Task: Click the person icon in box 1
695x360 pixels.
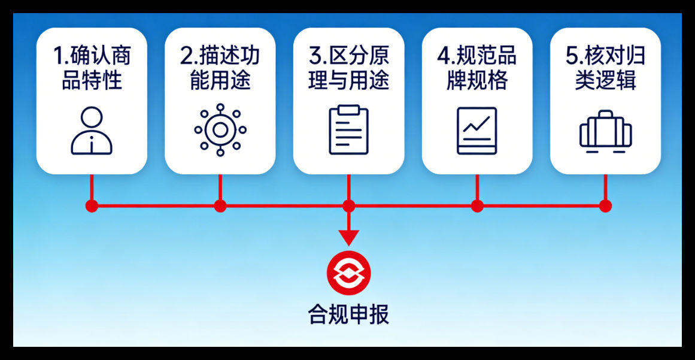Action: click(x=92, y=132)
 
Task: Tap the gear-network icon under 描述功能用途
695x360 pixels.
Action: click(x=220, y=129)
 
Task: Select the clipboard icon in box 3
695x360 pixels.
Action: click(x=348, y=130)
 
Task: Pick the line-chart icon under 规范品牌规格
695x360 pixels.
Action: click(x=477, y=131)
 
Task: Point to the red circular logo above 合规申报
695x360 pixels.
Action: click(x=348, y=273)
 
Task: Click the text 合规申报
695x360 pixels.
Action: click(x=348, y=313)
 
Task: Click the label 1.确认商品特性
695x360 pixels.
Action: click(x=92, y=68)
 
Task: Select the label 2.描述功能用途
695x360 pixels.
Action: click(x=220, y=68)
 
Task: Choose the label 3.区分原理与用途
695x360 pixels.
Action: click(x=348, y=68)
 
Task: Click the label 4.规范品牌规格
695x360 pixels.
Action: click(x=477, y=68)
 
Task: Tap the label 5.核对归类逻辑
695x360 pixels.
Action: click(x=605, y=68)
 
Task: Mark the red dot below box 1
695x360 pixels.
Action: click(x=92, y=206)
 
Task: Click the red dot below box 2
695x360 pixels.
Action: click(x=220, y=206)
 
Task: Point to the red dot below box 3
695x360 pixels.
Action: click(x=348, y=206)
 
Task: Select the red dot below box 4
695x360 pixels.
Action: click(x=477, y=206)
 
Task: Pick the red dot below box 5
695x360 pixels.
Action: click(x=605, y=206)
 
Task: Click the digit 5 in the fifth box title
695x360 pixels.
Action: click(x=572, y=57)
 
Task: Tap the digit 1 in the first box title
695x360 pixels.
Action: click(x=58, y=57)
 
